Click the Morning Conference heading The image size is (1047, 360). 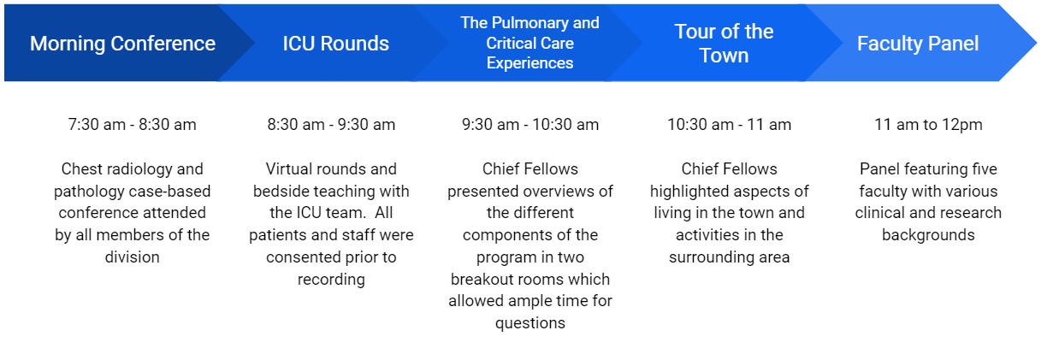[122, 44]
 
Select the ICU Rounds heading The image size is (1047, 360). [335, 44]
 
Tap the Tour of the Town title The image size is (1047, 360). [724, 44]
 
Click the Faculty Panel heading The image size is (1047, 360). [918, 44]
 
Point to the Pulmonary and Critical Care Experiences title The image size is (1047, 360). [529, 43]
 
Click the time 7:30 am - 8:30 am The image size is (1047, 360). [132, 125]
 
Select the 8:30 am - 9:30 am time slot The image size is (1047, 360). [331, 125]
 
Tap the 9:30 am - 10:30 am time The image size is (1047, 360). [530, 125]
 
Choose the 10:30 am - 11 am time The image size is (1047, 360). [729, 125]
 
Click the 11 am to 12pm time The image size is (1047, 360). [928, 125]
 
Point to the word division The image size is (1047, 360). [133, 257]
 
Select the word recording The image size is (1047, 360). [331, 280]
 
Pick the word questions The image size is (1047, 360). [530, 323]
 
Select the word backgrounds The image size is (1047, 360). [928, 235]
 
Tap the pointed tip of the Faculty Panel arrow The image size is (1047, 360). [1037, 43]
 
